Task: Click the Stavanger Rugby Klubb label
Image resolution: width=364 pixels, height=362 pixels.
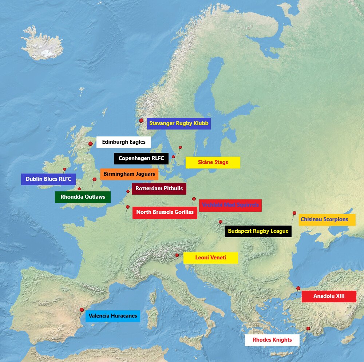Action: click(x=179, y=123)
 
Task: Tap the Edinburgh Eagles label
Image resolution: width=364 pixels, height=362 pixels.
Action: click(x=123, y=142)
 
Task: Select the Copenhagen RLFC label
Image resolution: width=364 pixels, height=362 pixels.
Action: click(x=141, y=158)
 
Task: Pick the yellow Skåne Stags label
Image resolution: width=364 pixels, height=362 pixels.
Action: click(x=213, y=162)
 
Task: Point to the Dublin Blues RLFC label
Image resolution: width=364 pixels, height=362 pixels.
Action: click(x=48, y=179)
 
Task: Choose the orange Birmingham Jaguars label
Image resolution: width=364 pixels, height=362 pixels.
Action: click(x=129, y=174)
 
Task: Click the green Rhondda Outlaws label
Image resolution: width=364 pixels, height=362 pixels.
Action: click(x=83, y=197)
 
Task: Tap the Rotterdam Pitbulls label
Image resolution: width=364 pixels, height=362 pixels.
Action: click(x=159, y=188)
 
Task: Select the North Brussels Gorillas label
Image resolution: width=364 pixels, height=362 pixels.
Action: click(x=165, y=212)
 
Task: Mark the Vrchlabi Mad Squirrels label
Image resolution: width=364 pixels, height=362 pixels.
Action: click(x=230, y=205)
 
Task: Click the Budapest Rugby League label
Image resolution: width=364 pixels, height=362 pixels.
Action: click(x=258, y=231)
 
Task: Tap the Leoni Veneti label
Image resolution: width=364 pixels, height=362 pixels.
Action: click(x=210, y=258)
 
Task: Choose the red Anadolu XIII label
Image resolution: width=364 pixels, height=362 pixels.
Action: click(x=329, y=296)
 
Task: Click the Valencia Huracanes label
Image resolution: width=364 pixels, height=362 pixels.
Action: click(x=112, y=316)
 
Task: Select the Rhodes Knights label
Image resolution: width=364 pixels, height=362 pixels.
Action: click(x=272, y=340)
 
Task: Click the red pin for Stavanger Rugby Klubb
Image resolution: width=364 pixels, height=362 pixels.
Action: click(x=141, y=120)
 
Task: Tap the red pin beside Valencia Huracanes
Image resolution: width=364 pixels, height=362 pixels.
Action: click(x=82, y=310)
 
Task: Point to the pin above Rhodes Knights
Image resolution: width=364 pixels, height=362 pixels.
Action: click(x=308, y=329)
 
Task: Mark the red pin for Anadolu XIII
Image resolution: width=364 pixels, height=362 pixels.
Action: click(x=298, y=288)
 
